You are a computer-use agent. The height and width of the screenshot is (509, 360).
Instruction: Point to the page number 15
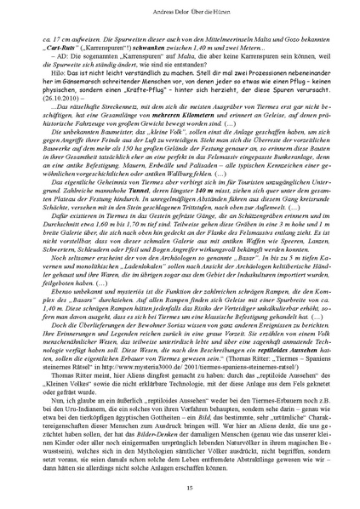click(180, 486)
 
